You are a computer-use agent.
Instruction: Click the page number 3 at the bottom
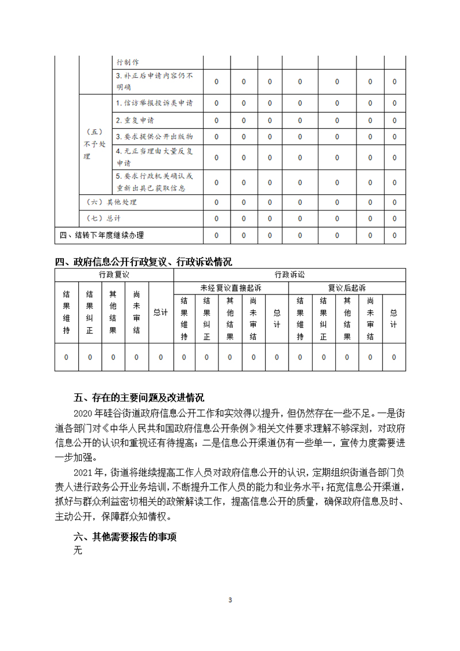point(230,600)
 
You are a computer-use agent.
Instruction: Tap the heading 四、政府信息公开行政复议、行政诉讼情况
point(144,262)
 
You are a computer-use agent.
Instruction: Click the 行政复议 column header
point(114,274)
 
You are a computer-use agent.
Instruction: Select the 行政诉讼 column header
point(289,274)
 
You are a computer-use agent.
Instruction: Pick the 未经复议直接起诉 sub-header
point(230,288)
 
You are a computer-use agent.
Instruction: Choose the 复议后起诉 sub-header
point(347,288)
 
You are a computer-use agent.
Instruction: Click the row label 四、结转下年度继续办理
point(102,235)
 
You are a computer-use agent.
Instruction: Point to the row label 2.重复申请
point(135,120)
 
